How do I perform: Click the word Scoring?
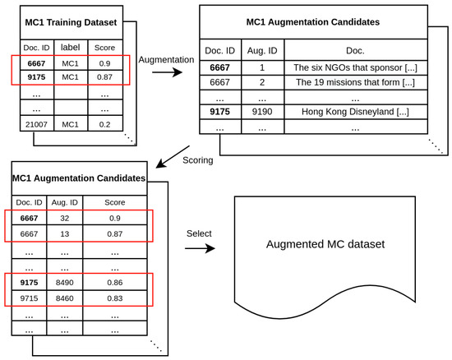[x=197, y=160]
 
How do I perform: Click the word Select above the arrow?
[x=198, y=233]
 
